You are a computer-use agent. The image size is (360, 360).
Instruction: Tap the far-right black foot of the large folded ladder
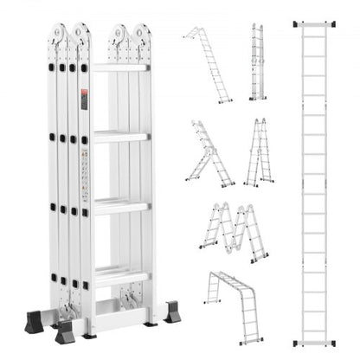172,311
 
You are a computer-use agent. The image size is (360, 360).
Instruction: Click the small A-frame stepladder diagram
259,153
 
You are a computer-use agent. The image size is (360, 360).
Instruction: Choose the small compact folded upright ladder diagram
256,61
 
